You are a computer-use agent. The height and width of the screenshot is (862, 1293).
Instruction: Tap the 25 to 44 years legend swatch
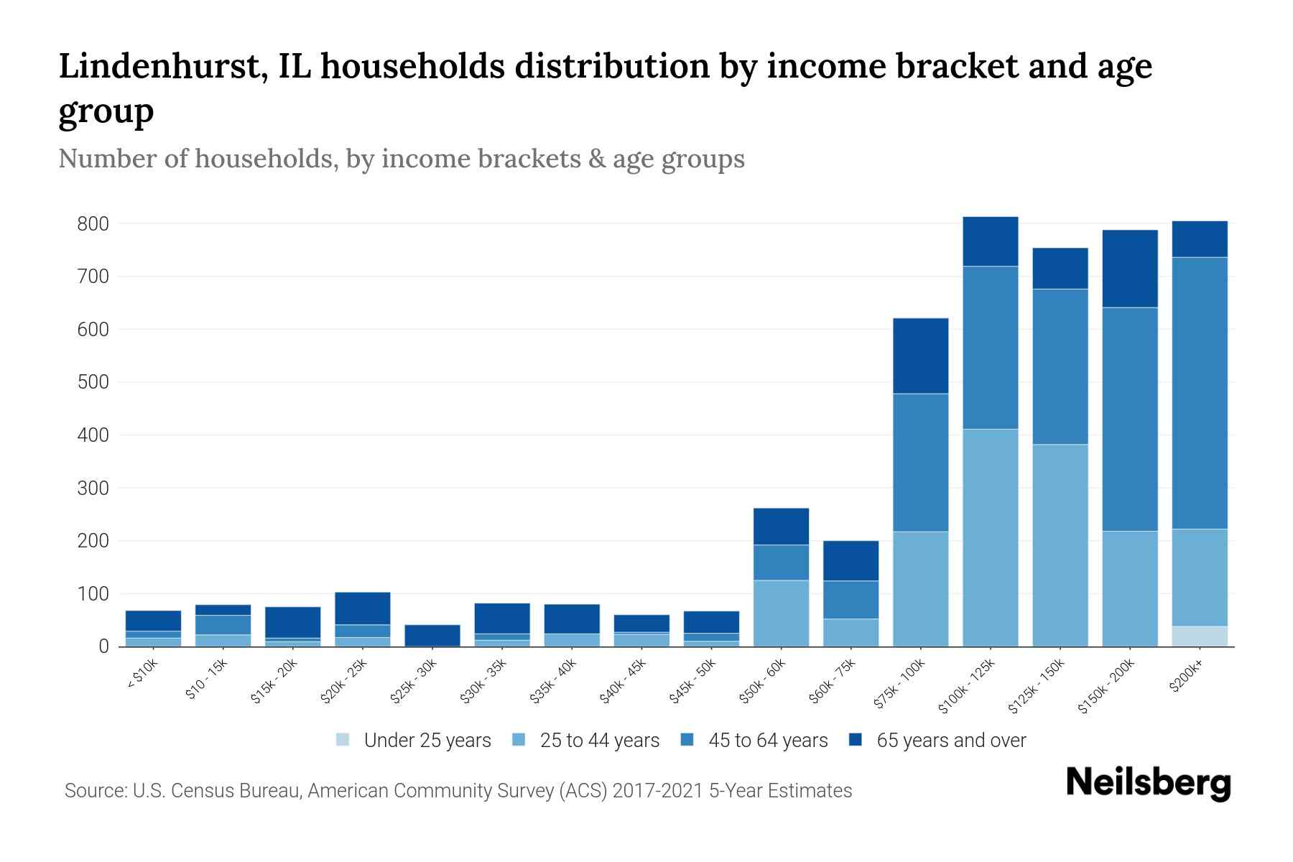[x=519, y=740]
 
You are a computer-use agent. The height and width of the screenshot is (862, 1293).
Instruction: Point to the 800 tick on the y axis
[x=93, y=224]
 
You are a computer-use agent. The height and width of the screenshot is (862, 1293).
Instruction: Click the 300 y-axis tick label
[x=93, y=488]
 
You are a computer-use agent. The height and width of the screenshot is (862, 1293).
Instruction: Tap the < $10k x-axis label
[x=142, y=676]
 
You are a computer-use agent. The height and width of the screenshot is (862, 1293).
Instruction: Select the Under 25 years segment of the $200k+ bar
[x=1200, y=636]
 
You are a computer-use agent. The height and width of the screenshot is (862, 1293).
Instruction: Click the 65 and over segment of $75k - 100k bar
[x=920, y=356]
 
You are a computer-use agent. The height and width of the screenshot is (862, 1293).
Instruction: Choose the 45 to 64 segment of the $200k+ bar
[x=1200, y=393]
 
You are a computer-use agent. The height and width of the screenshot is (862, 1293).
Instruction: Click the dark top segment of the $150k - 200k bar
[x=1130, y=269]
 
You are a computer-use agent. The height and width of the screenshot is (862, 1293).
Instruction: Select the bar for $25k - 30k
[x=432, y=635]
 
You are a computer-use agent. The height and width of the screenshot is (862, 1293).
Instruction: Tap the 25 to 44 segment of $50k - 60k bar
[x=781, y=613]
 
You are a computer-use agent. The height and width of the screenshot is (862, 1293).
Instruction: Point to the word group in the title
[x=106, y=111]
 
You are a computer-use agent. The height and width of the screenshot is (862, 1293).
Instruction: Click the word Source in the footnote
[x=94, y=791]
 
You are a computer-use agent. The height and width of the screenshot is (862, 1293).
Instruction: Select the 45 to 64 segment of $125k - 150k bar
[x=1060, y=366]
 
